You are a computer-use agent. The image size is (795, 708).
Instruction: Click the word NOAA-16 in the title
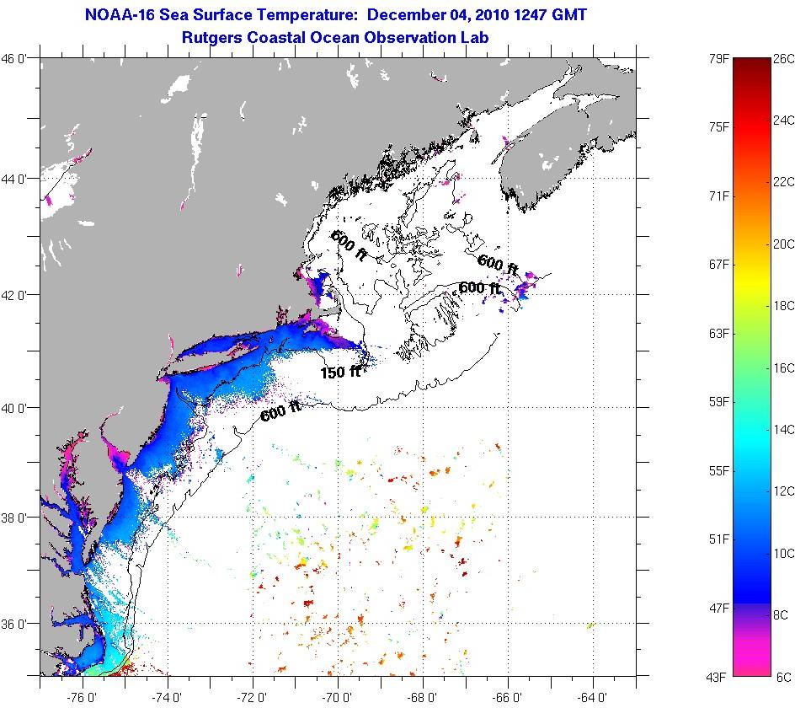pos(118,15)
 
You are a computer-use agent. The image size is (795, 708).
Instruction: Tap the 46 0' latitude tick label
pos(17,59)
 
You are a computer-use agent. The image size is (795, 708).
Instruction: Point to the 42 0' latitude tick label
pos(17,295)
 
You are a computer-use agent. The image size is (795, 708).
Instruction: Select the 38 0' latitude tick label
pos(17,517)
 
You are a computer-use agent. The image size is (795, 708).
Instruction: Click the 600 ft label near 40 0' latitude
pos(280,412)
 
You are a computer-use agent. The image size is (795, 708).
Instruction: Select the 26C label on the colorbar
pos(784,59)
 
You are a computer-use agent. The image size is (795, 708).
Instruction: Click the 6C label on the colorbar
pos(782,676)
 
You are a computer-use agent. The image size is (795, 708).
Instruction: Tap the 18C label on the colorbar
pos(784,306)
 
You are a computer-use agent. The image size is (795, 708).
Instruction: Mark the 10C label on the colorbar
pos(784,553)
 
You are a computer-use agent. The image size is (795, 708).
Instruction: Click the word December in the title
pos(405,15)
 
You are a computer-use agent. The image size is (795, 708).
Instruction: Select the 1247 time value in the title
pos(539,15)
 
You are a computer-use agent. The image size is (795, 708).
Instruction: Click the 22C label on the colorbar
pos(784,182)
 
